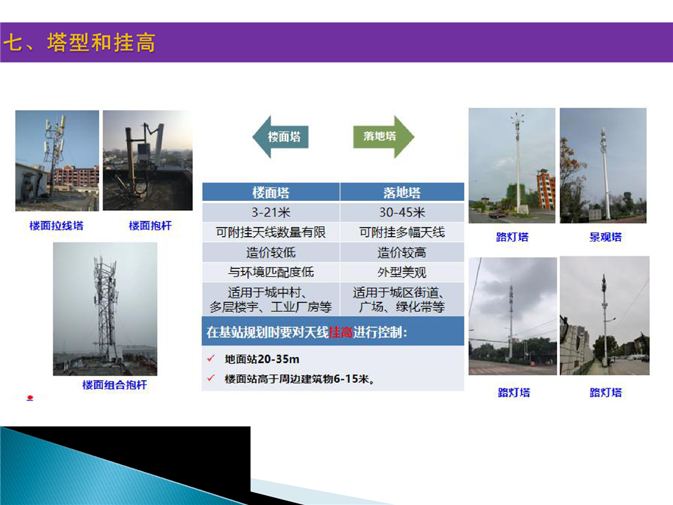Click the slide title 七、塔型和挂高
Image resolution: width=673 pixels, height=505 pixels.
[79, 43]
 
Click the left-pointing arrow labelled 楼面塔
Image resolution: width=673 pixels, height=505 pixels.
[281, 137]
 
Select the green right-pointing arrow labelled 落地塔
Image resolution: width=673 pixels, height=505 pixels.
[383, 136]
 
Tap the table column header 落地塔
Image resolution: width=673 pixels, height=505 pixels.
[402, 192]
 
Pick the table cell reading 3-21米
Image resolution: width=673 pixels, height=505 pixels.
[271, 212]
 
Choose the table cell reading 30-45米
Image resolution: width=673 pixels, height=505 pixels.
[402, 212]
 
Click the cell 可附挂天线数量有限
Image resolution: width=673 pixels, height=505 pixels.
[271, 232]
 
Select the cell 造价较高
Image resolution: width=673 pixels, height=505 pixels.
[402, 253]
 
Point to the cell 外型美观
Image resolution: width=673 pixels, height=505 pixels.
[402, 273]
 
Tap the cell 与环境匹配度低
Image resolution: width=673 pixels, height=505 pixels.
[271, 273]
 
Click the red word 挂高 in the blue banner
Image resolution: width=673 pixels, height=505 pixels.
[341, 332]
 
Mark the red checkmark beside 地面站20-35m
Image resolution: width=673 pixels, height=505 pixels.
[211, 358]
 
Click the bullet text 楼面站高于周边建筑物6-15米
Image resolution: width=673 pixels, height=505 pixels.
[300, 379]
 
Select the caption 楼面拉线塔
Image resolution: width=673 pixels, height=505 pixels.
[56, 225]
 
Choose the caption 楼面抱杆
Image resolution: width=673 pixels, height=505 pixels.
[150, 225]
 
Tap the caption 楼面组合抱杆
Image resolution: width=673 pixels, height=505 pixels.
[114, 385]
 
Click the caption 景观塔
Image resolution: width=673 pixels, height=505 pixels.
[605, 237]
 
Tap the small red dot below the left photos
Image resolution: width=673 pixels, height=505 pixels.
[29, 398]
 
